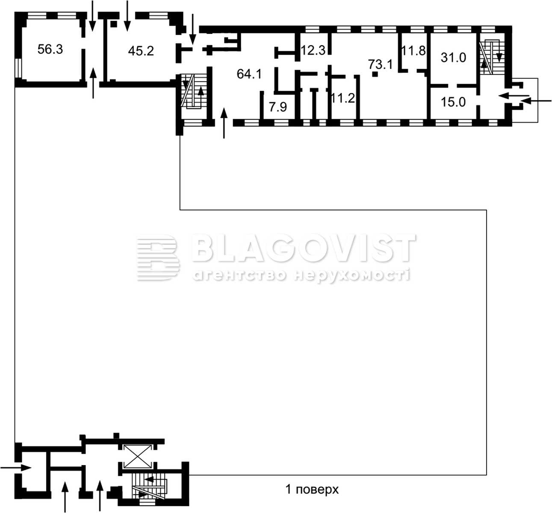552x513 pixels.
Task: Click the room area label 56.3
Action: click(x=50, y=50)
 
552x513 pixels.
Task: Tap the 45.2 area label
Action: click(x=141, y=51)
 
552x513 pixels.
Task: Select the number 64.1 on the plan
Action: click(x=249, y=74)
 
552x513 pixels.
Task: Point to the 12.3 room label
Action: click(x=313, y=50)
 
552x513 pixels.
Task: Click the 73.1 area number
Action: click(x=381, y=64)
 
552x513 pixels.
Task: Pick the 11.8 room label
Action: click(x=413, y=51)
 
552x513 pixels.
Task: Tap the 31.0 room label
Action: click(x=453, y=58)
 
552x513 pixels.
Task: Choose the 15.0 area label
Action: click(x=453, y=102)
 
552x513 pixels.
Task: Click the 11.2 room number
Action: click(x=343, y=98)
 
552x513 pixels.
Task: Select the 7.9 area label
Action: click(x=278, y=107)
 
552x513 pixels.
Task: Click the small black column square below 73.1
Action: click(x=375, y=74)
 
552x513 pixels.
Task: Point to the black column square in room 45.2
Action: click(x=114, y=24)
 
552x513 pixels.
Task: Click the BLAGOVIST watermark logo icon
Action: click(x=158, y=257)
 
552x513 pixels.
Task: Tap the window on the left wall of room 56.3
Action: click(x=18, y=68)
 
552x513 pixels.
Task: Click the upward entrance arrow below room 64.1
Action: click(x=224, y=123)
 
